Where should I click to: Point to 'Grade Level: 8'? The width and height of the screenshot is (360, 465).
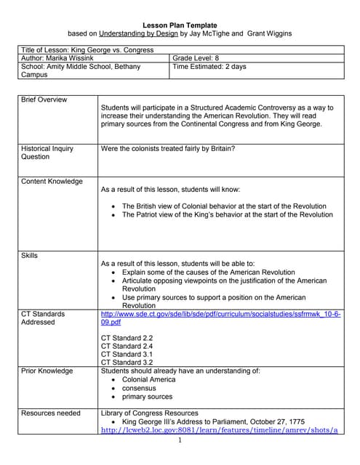[196, 57]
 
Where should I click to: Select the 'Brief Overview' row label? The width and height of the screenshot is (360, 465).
[44, 100]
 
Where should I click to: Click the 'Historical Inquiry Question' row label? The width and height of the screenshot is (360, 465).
[47, 152]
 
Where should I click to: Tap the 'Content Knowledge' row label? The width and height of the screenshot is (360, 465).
[52, 182]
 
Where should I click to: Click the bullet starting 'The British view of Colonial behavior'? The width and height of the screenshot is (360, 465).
[224, 206]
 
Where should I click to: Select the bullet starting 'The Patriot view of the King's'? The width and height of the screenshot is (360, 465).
[227, 215]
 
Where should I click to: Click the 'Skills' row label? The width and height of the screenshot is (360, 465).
[30, 256]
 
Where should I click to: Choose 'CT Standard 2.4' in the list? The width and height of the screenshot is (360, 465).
[127, 347]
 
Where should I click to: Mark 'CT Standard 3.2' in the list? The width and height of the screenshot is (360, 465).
[127, 363]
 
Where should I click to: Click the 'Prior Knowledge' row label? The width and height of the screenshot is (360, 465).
[47, 371]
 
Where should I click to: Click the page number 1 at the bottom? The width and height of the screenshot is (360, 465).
[179, 440]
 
